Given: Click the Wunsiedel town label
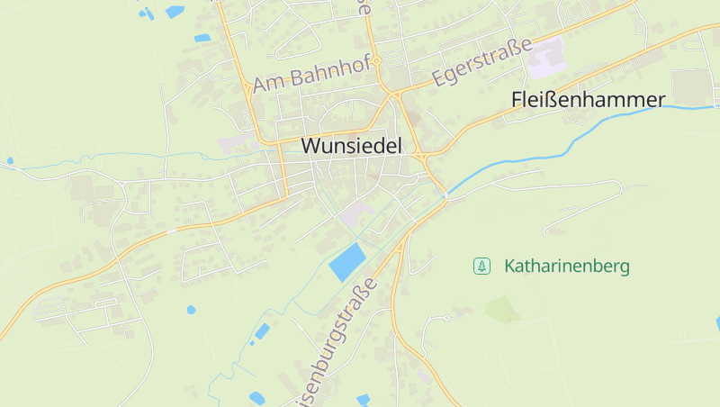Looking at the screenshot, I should pos(351,145).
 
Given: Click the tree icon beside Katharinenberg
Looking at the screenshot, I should pos(482,266).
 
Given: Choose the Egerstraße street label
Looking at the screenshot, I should pos(481,61).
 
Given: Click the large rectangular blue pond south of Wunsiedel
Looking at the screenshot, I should pos(347,261).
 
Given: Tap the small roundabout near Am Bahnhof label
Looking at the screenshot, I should pos(378,61).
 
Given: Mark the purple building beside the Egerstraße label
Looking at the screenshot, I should pos(545,59).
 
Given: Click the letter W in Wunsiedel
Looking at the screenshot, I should pos(311,145).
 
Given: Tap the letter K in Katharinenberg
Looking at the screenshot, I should pos(510,267).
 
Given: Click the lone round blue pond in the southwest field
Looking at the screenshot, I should pos(191,310).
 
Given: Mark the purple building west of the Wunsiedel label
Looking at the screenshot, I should pos(236,141).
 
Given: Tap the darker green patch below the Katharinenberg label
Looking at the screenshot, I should pos(502,310).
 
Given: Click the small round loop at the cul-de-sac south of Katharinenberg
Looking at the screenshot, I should pos(446,318).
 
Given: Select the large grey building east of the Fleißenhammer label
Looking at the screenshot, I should pos(691,86).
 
